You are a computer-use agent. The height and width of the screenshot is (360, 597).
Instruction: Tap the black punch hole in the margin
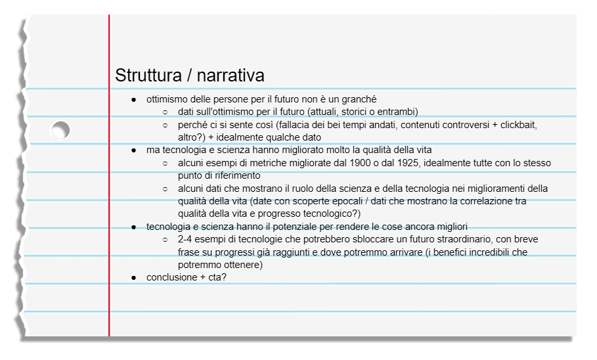tap(60, 130)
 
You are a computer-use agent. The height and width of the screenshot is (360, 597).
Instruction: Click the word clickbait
tap(523, 124)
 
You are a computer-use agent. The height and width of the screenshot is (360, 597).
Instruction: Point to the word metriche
tap(269, 163)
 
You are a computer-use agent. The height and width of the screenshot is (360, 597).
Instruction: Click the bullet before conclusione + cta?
tap(134, 277)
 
